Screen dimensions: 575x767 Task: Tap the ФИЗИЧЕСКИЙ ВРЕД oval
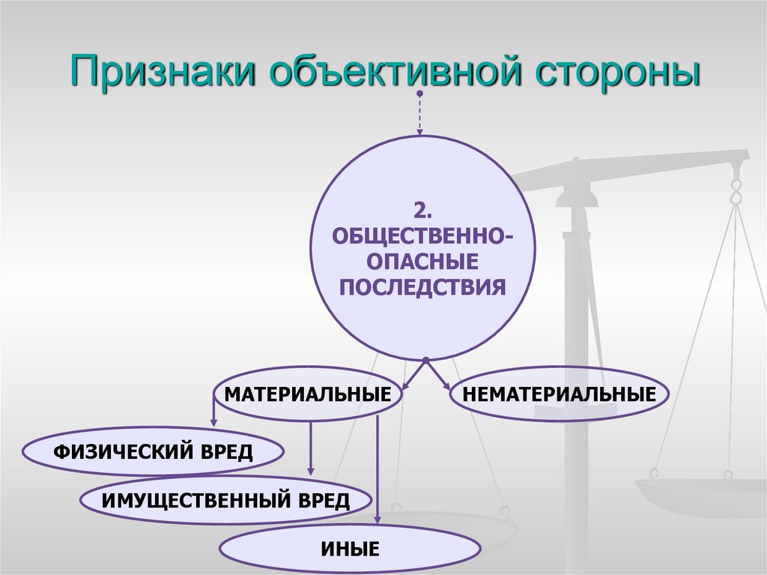[154, 452]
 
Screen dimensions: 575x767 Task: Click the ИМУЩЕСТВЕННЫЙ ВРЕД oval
[225, 499]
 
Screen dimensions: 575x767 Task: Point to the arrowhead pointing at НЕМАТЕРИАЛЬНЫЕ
[448, 386]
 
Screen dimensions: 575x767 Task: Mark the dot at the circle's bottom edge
[425, 359]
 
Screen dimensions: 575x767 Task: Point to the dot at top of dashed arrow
[419, 94]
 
